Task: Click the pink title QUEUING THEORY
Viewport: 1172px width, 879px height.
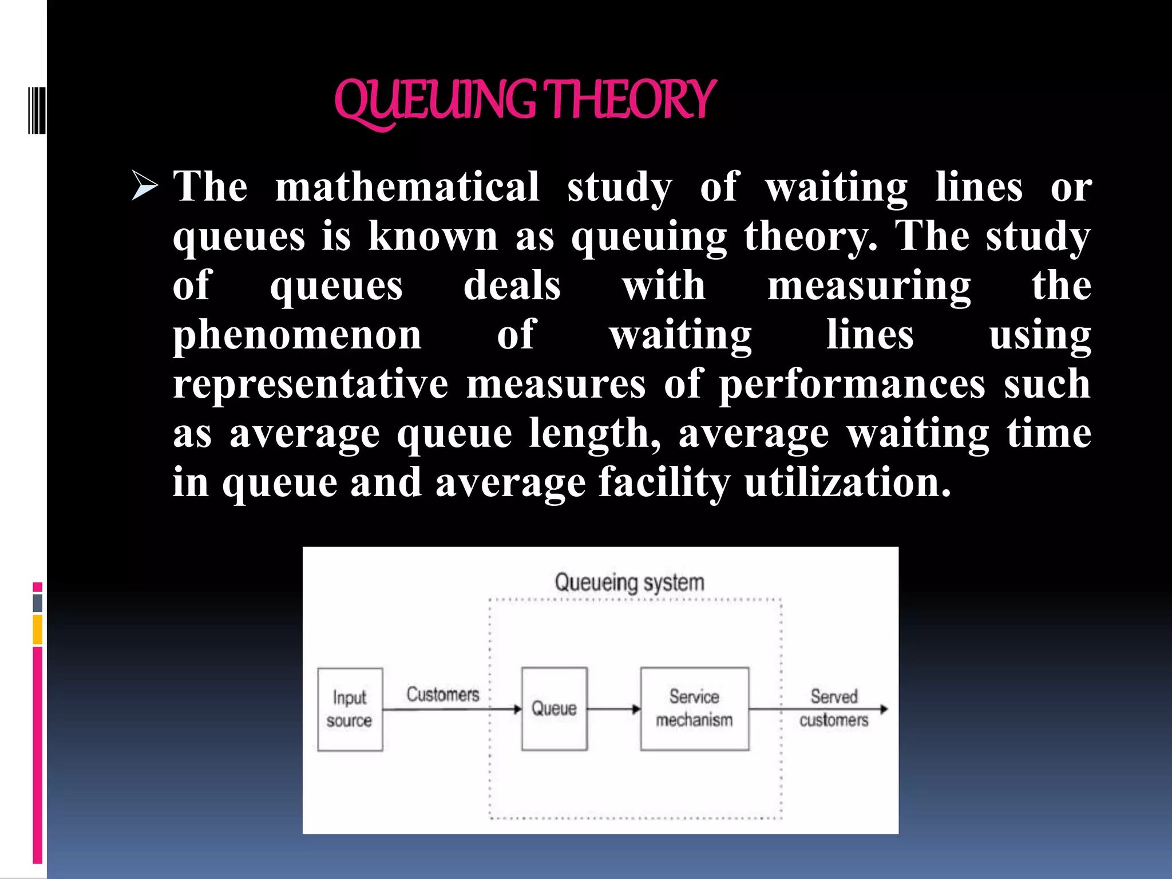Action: coord(524,101)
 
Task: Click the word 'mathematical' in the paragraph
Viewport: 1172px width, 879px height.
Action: coord(407,187)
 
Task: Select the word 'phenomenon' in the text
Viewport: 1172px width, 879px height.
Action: coord(297,335)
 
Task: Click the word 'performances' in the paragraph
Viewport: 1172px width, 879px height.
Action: coord(852,385)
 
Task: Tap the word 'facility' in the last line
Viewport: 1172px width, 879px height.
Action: coord(664,483)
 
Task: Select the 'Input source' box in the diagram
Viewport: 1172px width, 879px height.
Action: coord(350,709)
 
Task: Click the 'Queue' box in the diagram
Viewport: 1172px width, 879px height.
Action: coord(554,708)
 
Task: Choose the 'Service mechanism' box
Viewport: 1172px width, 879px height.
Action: coord(694,708)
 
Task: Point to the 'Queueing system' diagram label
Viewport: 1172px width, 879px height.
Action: coord(629,583)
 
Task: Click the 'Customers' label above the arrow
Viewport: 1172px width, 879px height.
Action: coord(442,694)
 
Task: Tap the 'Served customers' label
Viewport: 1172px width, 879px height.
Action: coord(834,708)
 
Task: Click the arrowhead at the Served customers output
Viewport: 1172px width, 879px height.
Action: coord(884,710)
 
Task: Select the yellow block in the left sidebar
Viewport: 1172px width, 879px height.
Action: coord(38,629)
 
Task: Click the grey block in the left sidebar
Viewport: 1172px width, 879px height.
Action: coord(38,603)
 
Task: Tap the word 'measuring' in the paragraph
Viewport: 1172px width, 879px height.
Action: coord(869,286)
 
